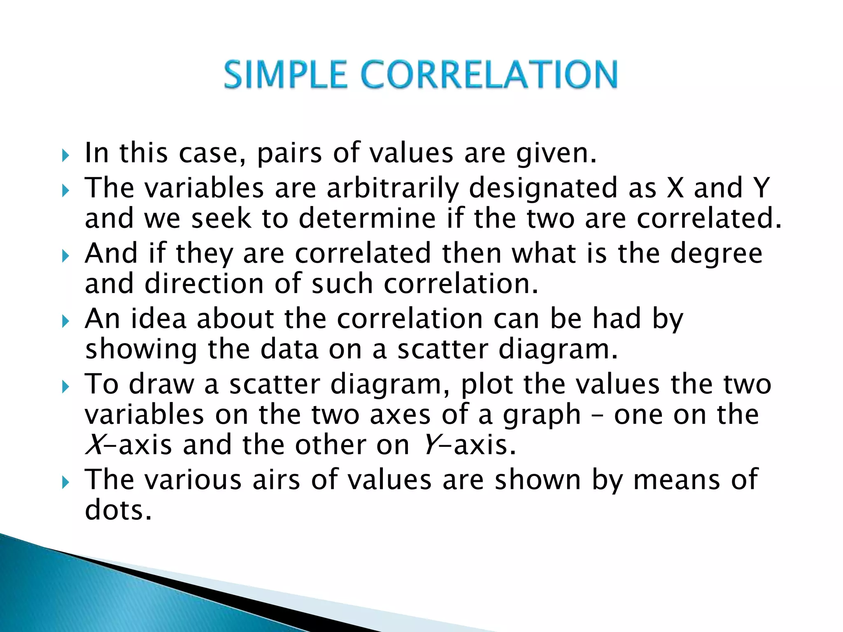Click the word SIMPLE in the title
[x=285, y=74]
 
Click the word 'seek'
[x=221, y=218]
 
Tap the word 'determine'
[x=367, y=218]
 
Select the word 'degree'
[x=717, y=253]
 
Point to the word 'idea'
[x=159, y=319]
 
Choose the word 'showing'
[x=141, y=350]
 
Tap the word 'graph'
[x=543, y=416]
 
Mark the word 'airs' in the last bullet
[x=276, y=480]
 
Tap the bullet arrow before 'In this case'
[x=65, y=156]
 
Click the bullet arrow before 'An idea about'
[x=65, y=321]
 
